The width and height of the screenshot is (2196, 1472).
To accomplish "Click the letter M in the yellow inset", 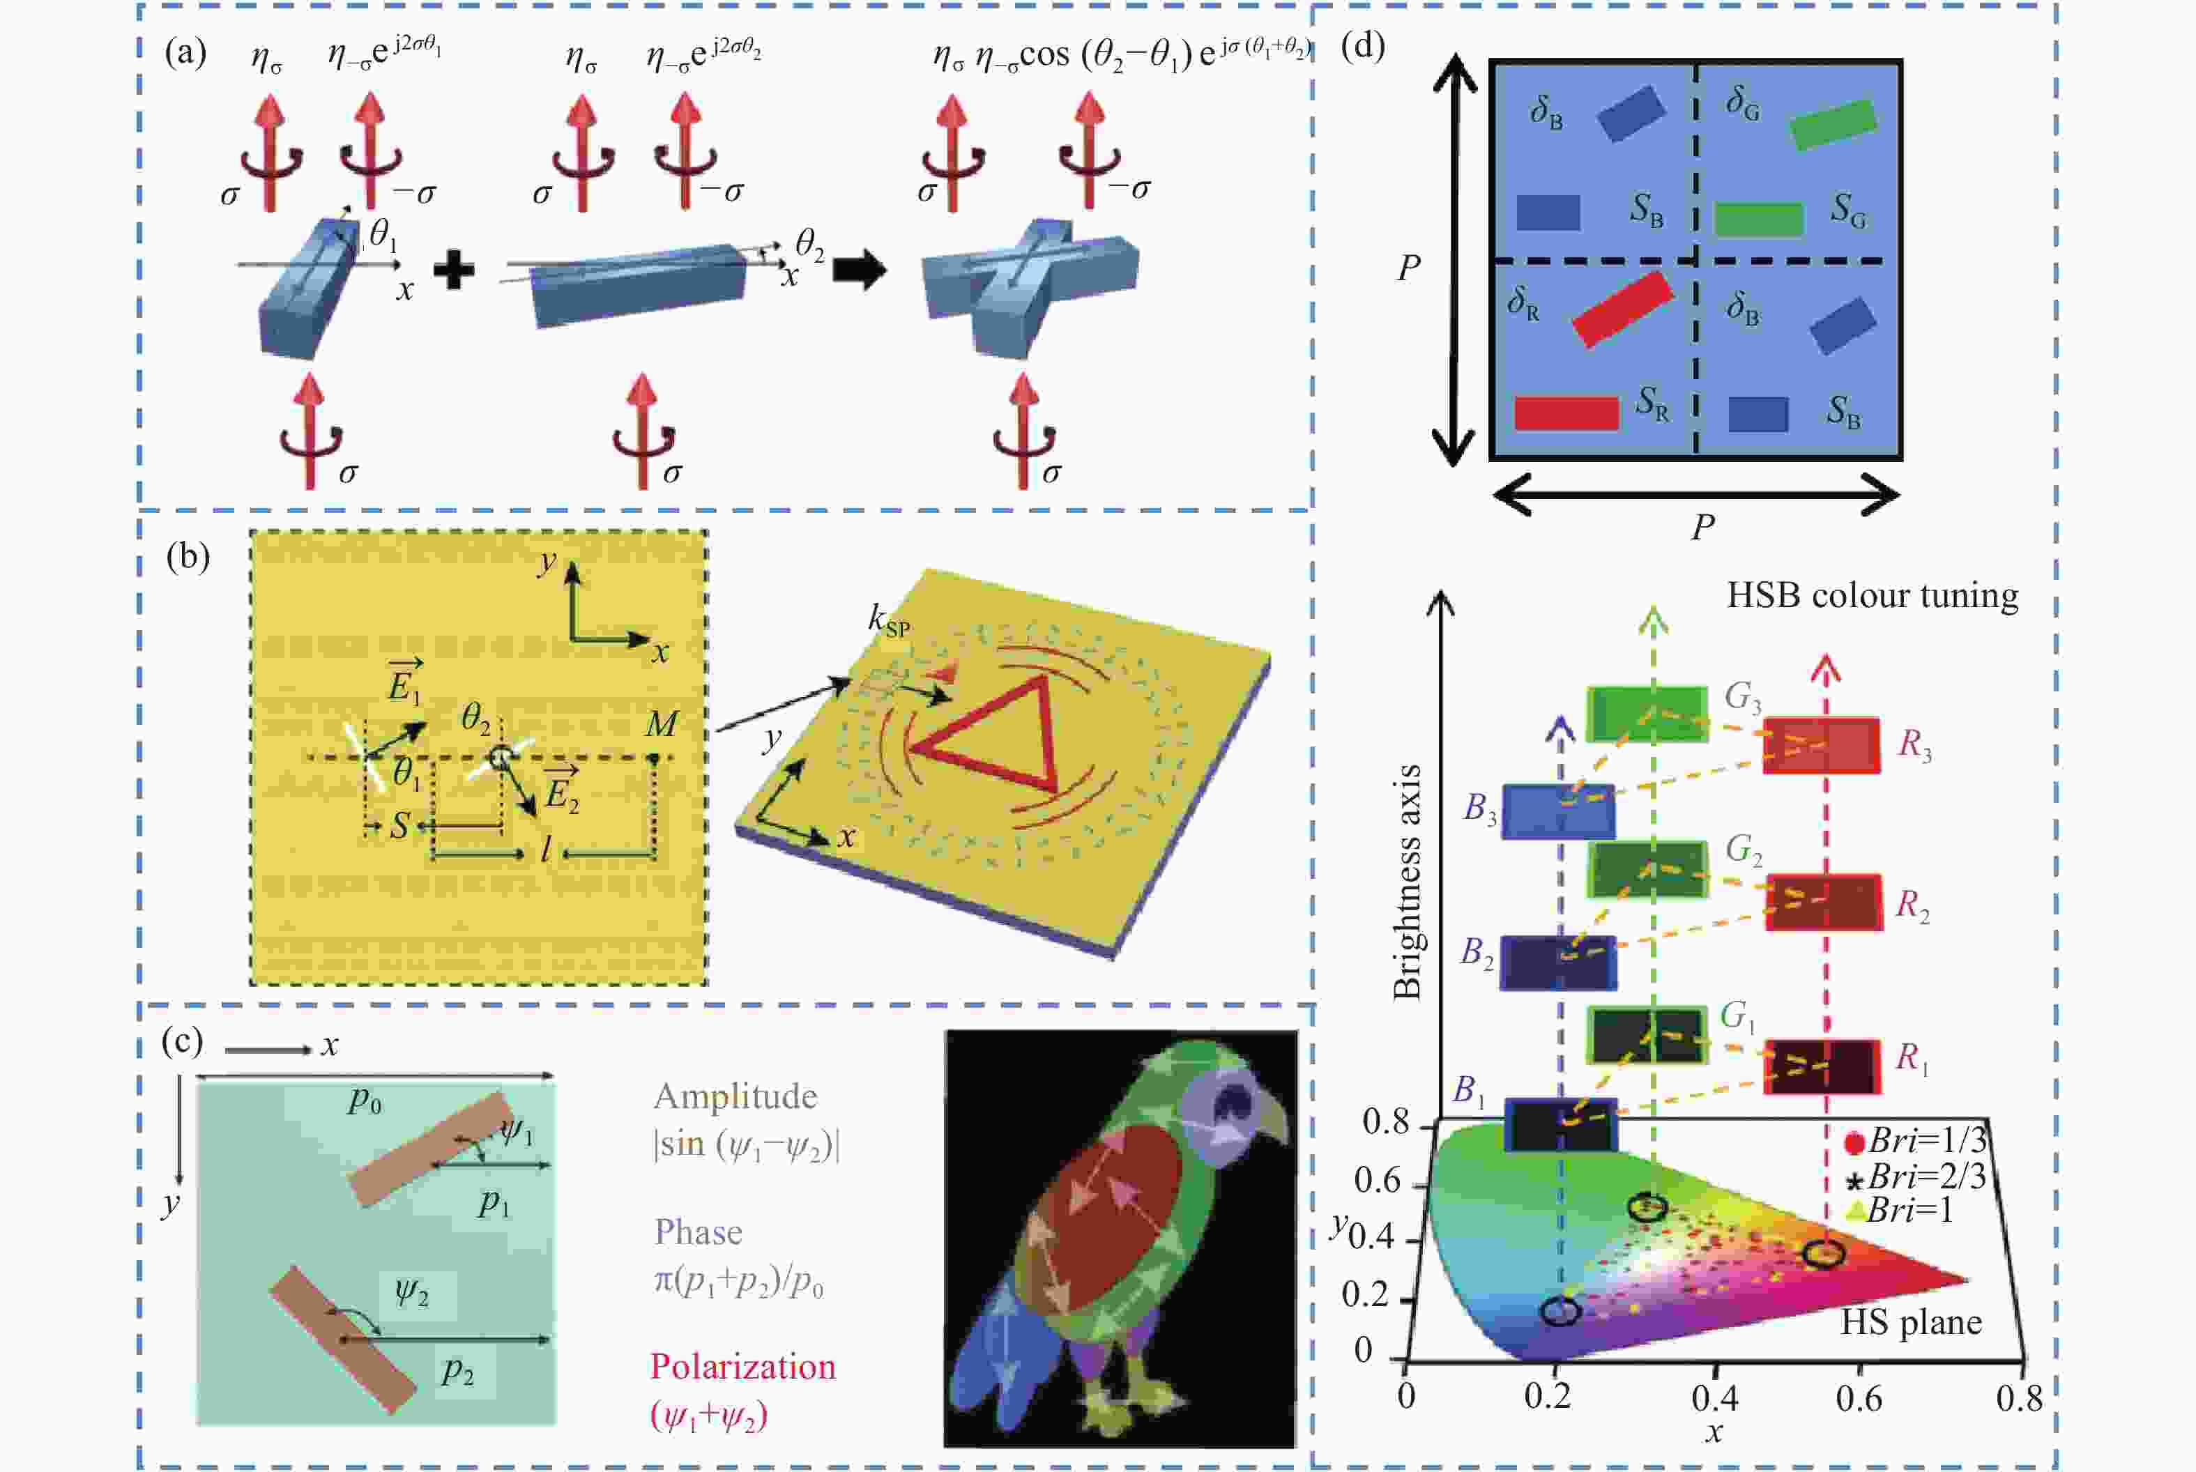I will (662, 723).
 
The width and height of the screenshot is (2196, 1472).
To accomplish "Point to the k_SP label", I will (888, 622).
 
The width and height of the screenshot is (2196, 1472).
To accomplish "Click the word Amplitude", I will (735, 1096).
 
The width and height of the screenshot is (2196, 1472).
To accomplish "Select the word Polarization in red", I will (742, 1367).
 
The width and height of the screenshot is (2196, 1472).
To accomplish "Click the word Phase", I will (698, 1232).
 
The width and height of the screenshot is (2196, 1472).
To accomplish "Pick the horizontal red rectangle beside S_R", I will (1566, 413).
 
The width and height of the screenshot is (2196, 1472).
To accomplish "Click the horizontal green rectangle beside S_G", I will (1758, 219).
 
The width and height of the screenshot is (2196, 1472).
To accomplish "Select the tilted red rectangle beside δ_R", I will (1622, 309).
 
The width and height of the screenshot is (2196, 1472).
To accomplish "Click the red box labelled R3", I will (1820, 745).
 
